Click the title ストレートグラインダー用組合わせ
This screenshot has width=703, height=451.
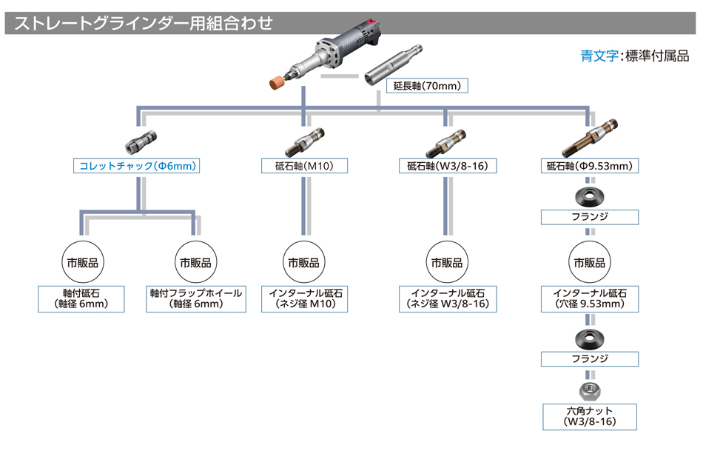141,23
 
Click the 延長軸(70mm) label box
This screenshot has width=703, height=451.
427,86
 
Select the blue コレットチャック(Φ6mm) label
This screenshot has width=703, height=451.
138,166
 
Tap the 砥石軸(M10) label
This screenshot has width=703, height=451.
303,166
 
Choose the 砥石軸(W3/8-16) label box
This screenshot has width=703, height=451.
446,166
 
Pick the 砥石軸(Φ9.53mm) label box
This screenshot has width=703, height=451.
589,166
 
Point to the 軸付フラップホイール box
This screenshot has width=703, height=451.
195,298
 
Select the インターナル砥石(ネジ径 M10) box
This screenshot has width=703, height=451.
303,298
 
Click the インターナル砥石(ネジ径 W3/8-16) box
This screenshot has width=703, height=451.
446,298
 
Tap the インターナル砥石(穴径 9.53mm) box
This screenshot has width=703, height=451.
589,298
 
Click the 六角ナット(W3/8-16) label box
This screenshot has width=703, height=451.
589,416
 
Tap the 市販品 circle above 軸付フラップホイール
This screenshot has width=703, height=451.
195,262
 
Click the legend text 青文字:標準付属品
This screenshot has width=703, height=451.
634,56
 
